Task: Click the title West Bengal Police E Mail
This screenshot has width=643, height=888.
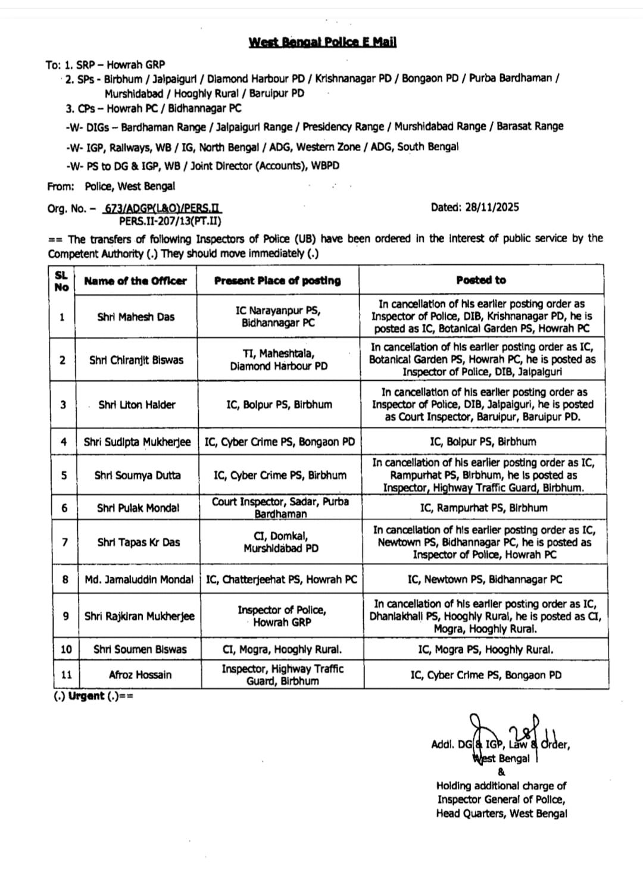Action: pyautogui.click(x=322, y=42)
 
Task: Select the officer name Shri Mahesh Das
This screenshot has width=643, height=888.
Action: pyautogui.click(x=136, y=317)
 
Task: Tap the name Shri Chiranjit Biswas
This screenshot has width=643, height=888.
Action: pyautogui.click(x=136, y=360)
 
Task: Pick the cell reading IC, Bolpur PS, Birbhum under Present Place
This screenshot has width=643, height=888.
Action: pyautogui.click(x=279, y=405)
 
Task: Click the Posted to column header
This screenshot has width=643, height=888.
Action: pyautogui.click(x=481, y=280)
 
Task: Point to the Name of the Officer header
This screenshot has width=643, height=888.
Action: pyautogui.click(x=136, y=281)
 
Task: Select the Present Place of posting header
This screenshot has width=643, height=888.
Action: pyautogui.click(x=277, y=280)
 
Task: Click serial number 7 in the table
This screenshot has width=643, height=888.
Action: pyautogui.click(x=64, y=542)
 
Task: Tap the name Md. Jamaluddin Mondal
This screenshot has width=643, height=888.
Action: pyautogui.click(x=139, y=579)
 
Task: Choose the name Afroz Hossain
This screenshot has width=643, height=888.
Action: pyautogui.click(x=140, y=675)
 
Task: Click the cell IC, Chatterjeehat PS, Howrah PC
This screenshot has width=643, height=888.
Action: pyautogui.click(x=281, y=579)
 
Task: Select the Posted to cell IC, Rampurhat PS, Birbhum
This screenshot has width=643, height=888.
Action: pyautogui.click(x=483, y=508)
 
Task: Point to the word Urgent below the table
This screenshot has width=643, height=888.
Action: pyautogui.click(x=86, y=696)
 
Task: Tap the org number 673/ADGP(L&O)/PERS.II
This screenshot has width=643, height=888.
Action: pyautogui.click(x=163, y=209)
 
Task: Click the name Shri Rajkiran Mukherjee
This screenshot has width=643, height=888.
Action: pyautogui.click(x=139, y=616)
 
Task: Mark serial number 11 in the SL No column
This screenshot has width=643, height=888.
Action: pyautogui.click(x=66, y=675)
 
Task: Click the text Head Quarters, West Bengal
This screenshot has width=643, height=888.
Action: pyautogui.click(x=501, y=814)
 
